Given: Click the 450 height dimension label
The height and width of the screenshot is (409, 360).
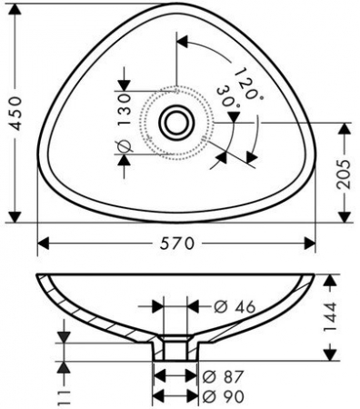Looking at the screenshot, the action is click(15, 114).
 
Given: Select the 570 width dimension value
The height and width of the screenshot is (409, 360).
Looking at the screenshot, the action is click(177, 244).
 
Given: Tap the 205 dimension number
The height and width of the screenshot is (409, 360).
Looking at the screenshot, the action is click(344, 175).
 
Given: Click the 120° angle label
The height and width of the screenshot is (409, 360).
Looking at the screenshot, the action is click(248, 84).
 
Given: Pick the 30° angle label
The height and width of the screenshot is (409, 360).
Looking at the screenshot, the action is click(228, 97).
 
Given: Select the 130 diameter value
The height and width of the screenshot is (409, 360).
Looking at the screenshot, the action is click(125, 110).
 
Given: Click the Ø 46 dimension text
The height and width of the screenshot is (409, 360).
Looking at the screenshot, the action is click(235, 307).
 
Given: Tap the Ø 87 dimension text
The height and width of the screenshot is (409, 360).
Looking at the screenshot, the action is click(223, 377).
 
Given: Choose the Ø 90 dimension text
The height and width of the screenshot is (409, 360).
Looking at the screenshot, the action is click(223, 396).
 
